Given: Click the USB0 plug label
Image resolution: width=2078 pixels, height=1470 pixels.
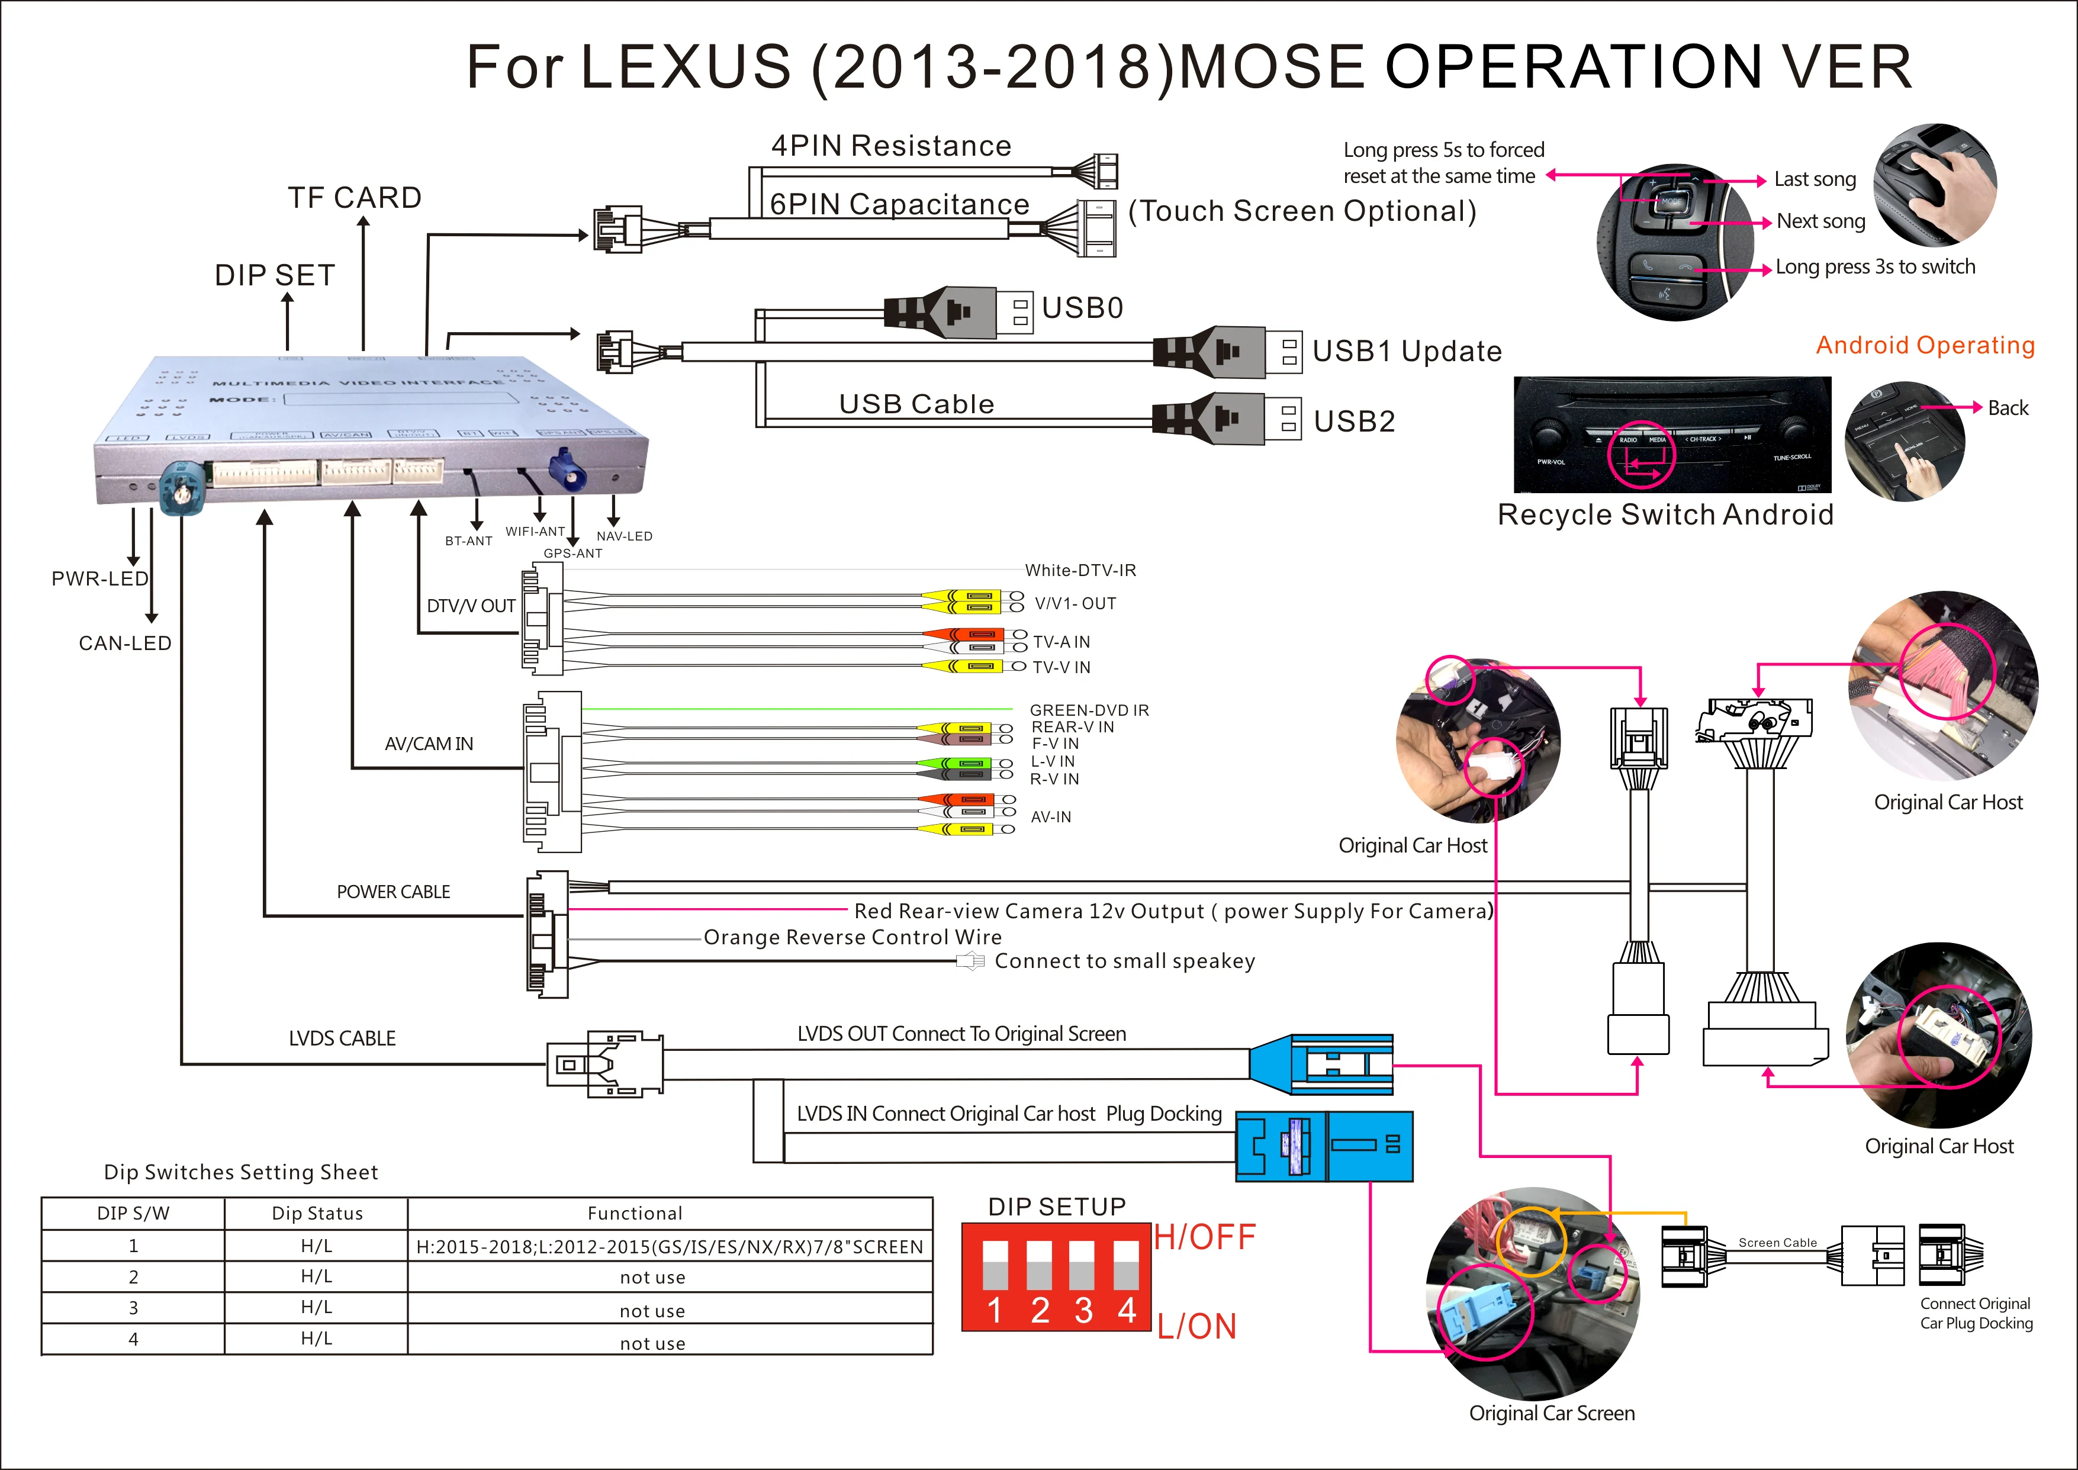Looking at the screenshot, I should [x=1082, y=308].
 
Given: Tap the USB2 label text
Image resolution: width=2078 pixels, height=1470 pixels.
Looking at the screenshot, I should [x=1354, y=421].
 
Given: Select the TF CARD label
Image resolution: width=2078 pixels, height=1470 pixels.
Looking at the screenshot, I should [x=355, y=197].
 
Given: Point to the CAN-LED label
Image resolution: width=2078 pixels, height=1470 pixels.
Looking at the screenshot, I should [x=125, y=644].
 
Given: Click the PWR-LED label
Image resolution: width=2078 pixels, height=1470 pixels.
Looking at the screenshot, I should [x=99, y=578].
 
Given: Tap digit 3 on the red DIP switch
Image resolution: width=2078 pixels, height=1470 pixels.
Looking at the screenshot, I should [x=1083, y=1310].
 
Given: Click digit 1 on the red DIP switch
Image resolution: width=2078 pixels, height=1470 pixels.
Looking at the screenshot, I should [x=995, y=1310].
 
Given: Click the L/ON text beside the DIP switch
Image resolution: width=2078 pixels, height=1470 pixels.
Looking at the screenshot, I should [x=1196, y=1326].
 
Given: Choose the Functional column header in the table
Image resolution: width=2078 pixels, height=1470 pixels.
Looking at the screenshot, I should [x=635, y=1213].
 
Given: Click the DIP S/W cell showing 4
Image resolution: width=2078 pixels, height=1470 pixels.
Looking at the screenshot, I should [x=133, y=1339].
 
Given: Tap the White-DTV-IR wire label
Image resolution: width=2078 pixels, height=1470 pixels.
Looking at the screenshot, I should [x=1080, y=570].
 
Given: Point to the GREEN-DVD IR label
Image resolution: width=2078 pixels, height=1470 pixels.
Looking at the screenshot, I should [x=1089, y=710].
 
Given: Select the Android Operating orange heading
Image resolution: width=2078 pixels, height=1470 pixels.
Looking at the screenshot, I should [x=1925, y=345].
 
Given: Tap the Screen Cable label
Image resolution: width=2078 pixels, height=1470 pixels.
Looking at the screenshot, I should [x=1777, y=1243].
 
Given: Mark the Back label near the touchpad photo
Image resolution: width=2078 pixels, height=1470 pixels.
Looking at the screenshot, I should [x=2008, y=408].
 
